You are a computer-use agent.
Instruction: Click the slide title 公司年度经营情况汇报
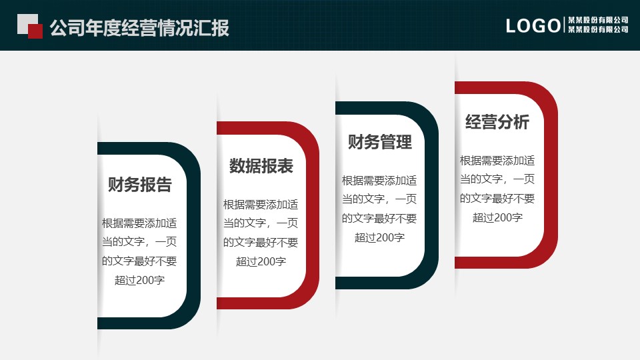(139, 28)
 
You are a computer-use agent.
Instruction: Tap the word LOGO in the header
(533, 26)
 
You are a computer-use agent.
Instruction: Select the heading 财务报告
(140, 185)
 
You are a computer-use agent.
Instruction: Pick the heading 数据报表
(261, 166)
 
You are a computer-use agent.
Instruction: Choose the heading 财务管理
(380, 141)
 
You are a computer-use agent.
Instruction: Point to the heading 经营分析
(497, 122)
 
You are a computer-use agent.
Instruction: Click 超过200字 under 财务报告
(140, 280)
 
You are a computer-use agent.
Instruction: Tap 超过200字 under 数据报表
(261, 261)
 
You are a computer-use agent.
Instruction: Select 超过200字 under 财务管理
(379, 237)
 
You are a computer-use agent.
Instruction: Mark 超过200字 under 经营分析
(497, 217)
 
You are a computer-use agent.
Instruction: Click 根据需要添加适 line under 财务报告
(140, 223)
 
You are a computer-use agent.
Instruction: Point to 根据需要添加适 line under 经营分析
(497, 161)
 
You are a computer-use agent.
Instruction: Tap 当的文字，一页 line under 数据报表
(261, 223)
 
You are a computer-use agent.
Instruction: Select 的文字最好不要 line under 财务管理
(379, 218)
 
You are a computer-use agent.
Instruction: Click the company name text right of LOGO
(598, 25)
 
